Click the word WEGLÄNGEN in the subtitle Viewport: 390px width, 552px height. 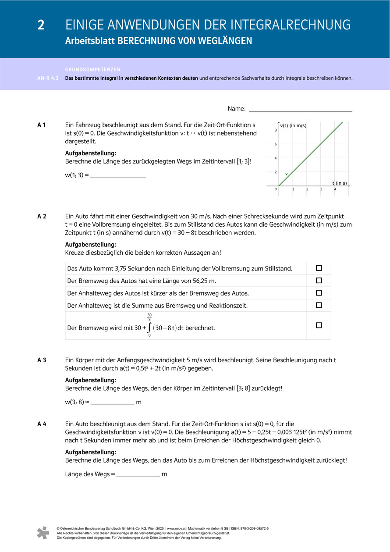[227, 41]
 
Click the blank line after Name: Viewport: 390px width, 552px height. [300, 109]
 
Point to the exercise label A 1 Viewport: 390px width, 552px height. [42, 125]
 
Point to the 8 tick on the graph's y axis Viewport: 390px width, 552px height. [276, 130]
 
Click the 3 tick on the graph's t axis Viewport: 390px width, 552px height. [321, 189]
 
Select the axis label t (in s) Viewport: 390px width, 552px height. [339, 183]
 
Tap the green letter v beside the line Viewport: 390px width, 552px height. [287, 174]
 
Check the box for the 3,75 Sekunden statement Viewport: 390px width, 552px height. [319, 268]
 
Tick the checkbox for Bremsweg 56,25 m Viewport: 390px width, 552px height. [319, 281]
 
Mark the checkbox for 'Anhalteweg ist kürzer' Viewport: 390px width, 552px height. [319, 293]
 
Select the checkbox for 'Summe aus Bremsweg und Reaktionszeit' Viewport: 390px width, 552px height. [319, 305]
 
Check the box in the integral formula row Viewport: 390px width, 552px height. [319, 325]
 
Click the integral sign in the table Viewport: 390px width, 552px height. [149, 328]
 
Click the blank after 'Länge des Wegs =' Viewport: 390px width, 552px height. [138, 474]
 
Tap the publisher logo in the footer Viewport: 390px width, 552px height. [43, 532]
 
